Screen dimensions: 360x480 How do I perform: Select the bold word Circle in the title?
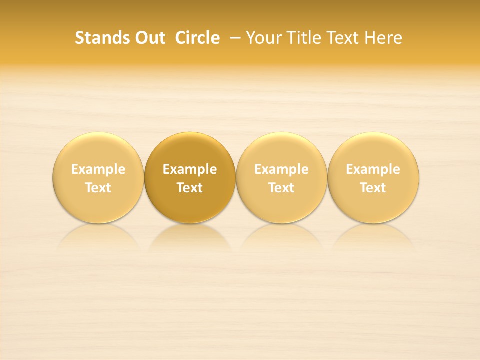pos(197,38)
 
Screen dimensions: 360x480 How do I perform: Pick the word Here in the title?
pos(383,38)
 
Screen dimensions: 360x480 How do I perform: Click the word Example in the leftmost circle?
pos(98,169)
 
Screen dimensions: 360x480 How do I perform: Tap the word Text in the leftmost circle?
pos(98,188)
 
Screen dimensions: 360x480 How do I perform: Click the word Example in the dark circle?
pos(190,169)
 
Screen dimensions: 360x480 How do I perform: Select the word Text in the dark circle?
pos(190,188)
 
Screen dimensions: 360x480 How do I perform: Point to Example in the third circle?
pos(281,169)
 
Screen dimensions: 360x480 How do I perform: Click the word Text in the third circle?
pos(281,188)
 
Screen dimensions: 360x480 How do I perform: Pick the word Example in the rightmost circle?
pos(373,169)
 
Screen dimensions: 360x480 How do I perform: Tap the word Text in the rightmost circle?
pos(373,188)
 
